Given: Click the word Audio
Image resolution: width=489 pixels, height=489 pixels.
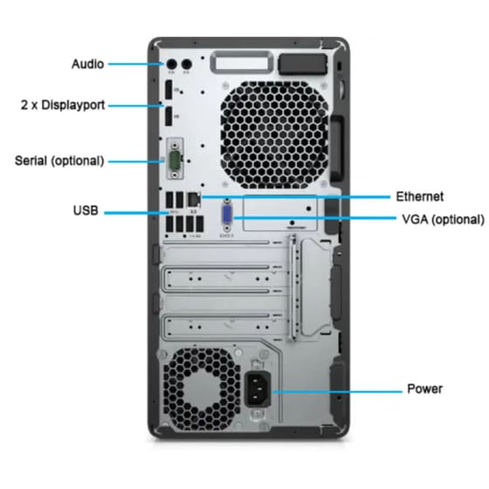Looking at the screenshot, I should pyautogui.click(x=87, y=64).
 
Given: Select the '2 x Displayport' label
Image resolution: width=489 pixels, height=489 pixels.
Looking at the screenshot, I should pyautogui.click(x=63, y=105).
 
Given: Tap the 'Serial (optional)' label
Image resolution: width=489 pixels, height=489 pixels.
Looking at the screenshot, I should pyautogui.click(x=59, y=161).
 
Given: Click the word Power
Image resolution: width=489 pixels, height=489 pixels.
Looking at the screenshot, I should pyautogui.click(x=424, y=389).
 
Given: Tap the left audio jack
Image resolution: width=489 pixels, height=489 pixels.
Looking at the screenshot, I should pyautogui.click(x=172, y=64).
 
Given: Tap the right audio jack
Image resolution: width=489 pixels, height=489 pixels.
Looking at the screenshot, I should pyautogui.click(x=185, y=64).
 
